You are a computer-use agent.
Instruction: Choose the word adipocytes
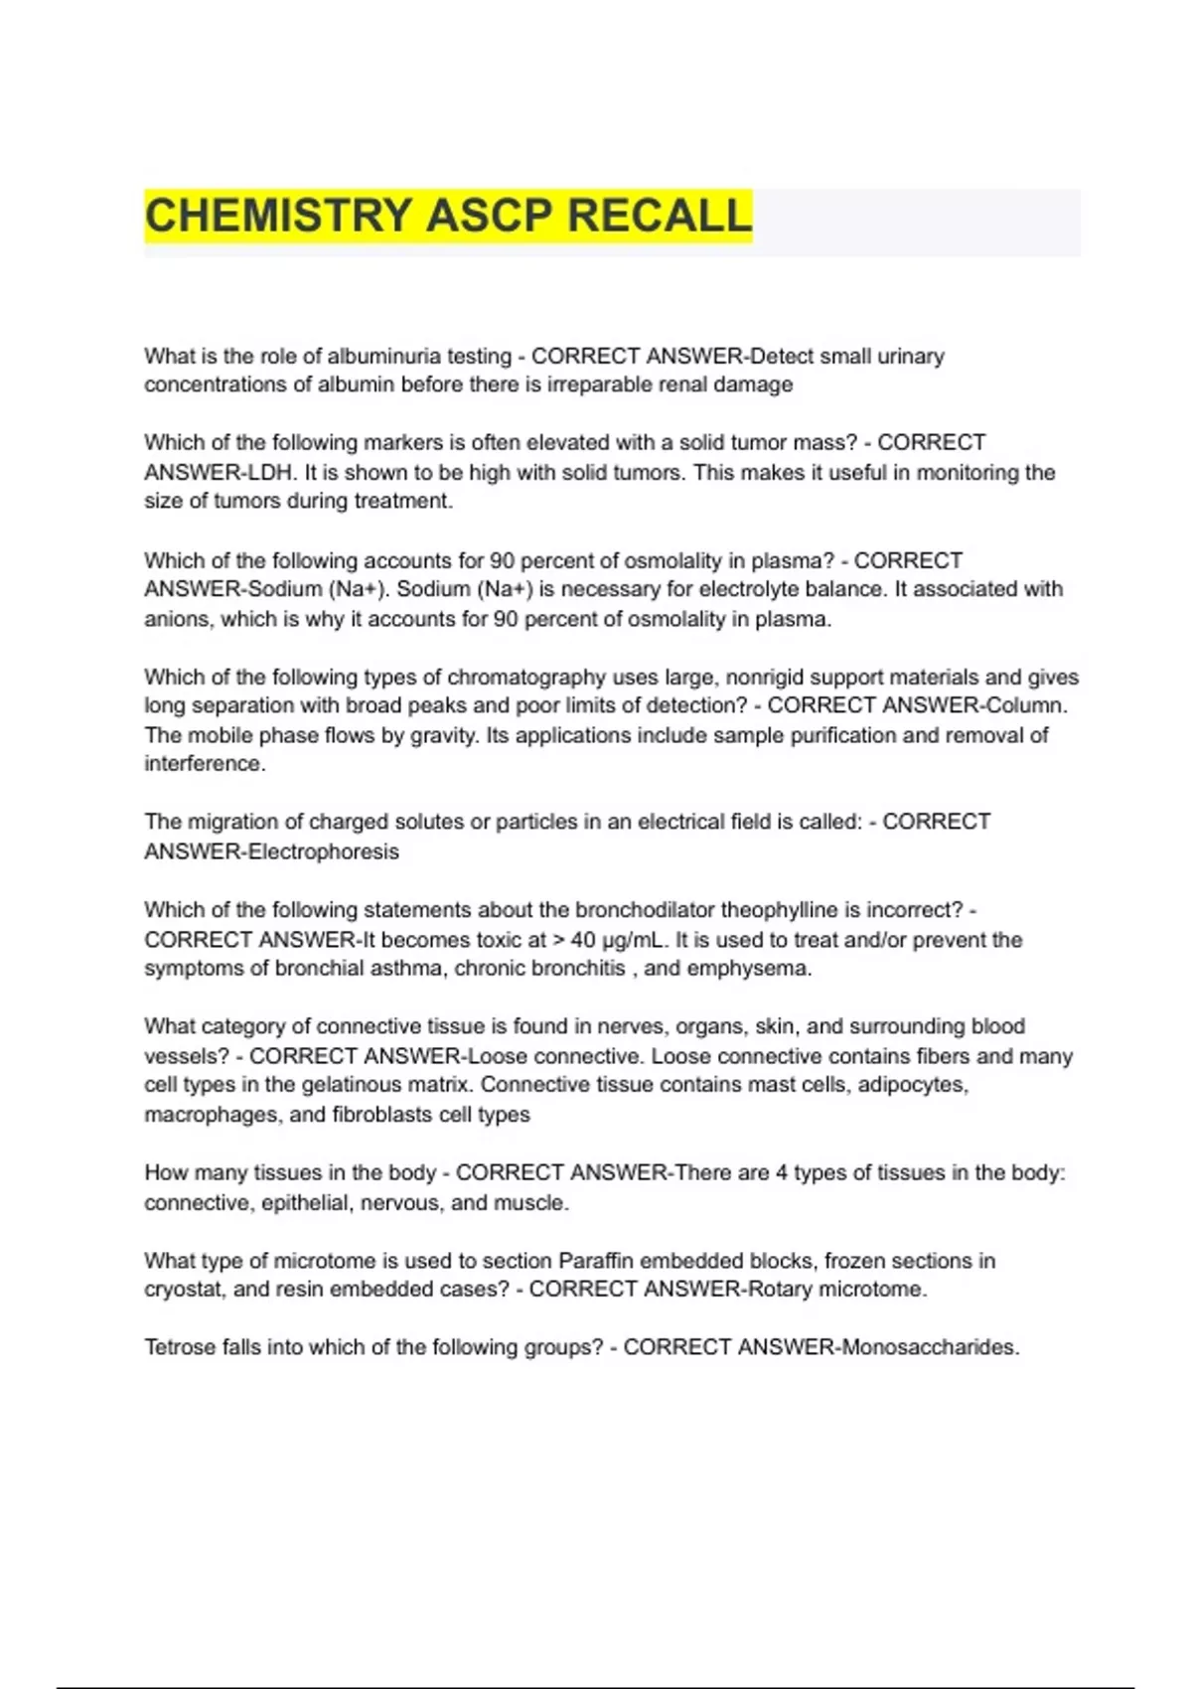(x=912, y=1085)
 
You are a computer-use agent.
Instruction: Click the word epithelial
(x=306, y=1202)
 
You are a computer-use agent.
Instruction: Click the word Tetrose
(x=180, y=1347)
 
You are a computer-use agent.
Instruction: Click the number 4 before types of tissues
(x=782, y=1173)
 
